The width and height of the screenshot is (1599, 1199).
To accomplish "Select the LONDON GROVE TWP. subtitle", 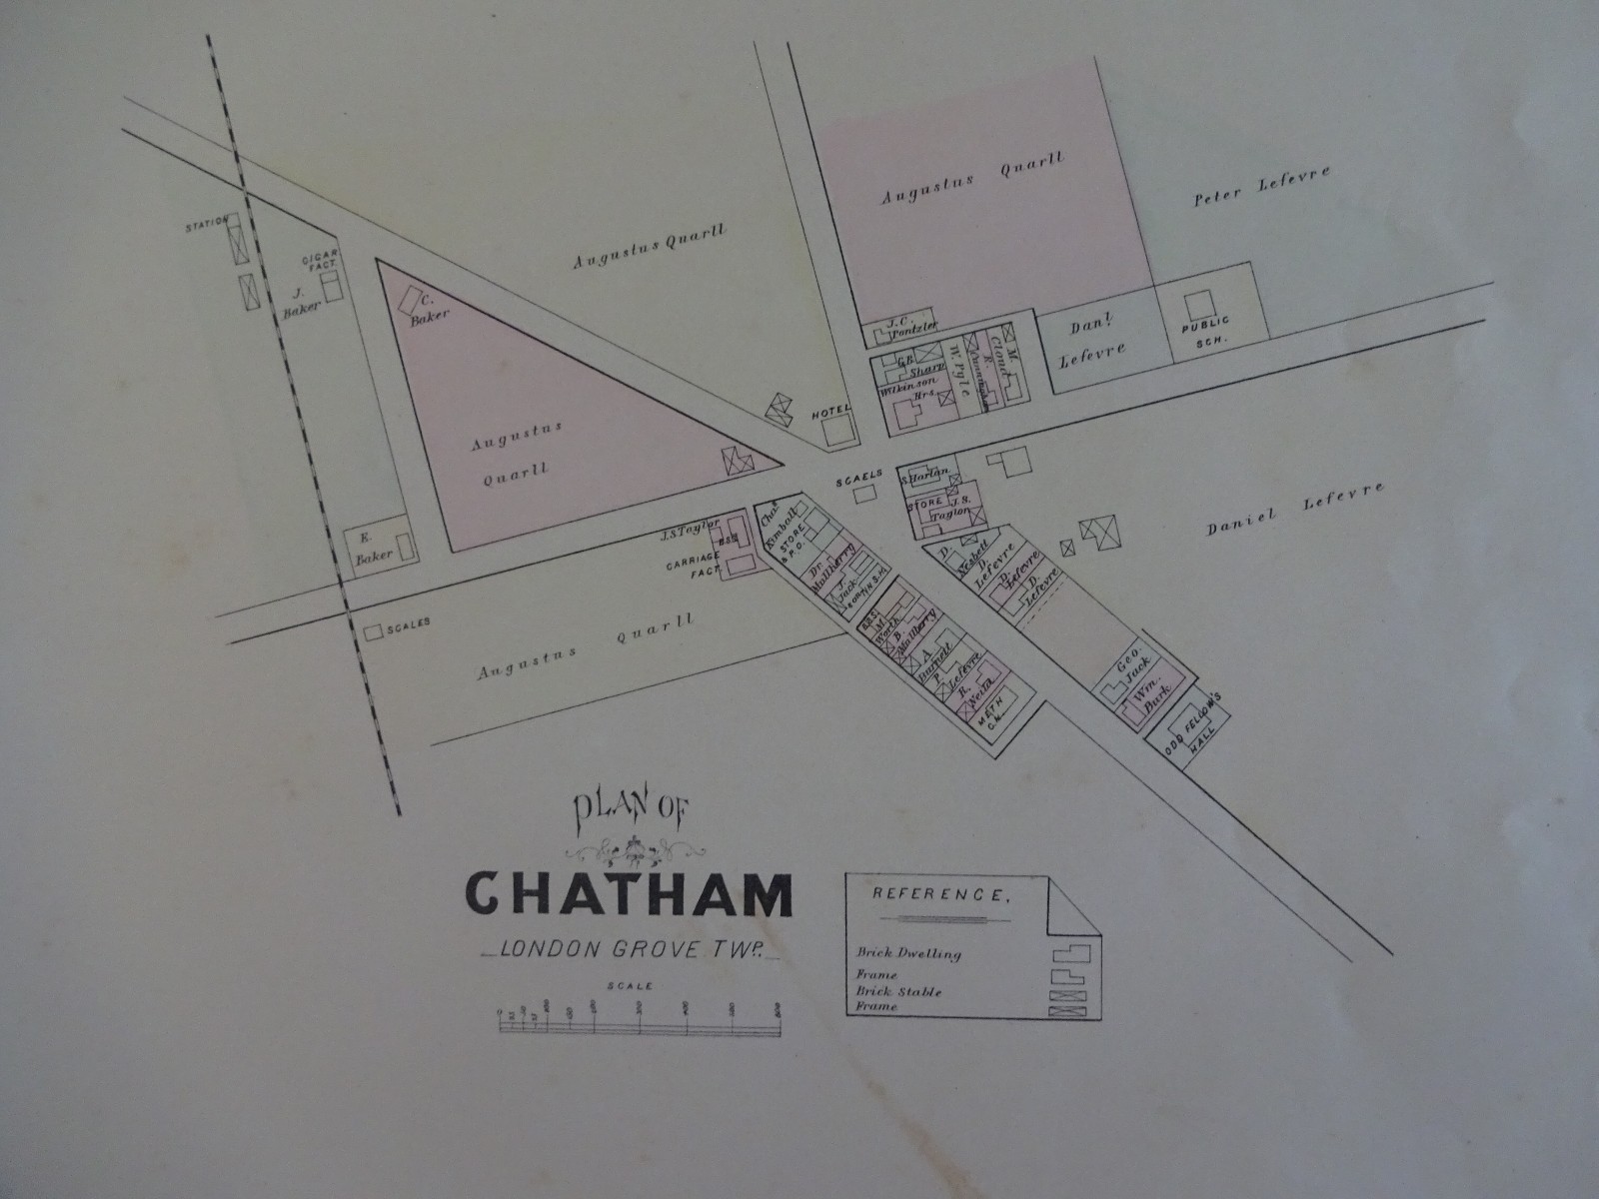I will click(x=630, y=950).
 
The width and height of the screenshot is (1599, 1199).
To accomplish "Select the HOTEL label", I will click(x=830, y=410).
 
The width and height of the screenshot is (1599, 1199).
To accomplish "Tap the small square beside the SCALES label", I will click(x=374, y=631).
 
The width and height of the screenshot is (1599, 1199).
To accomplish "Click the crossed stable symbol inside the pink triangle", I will click(x=737, y=460).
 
